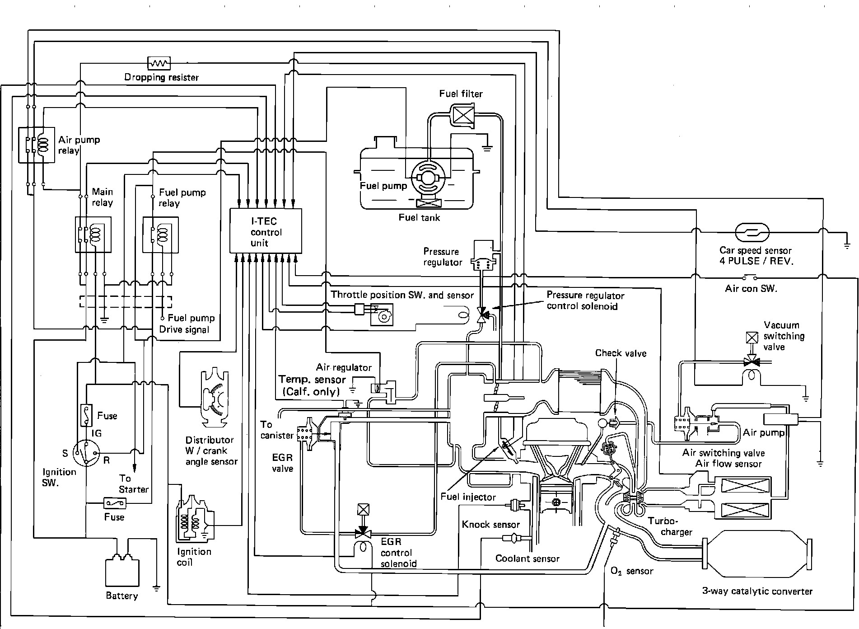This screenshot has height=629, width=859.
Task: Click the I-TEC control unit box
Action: (266, 231)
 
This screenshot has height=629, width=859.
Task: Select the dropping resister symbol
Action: (159, 63)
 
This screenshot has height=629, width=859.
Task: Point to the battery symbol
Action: (122, 571)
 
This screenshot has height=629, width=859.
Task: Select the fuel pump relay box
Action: (160, 235)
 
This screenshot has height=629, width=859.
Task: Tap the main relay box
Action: (93, 235)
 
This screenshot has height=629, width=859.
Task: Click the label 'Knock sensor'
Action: (490, 525)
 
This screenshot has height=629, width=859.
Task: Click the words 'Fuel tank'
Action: (419, 217)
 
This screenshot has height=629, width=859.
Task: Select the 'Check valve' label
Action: (621, 353)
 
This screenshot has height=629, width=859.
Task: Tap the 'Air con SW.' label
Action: (751, 289)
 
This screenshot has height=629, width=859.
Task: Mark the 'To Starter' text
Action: (133, 483)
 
